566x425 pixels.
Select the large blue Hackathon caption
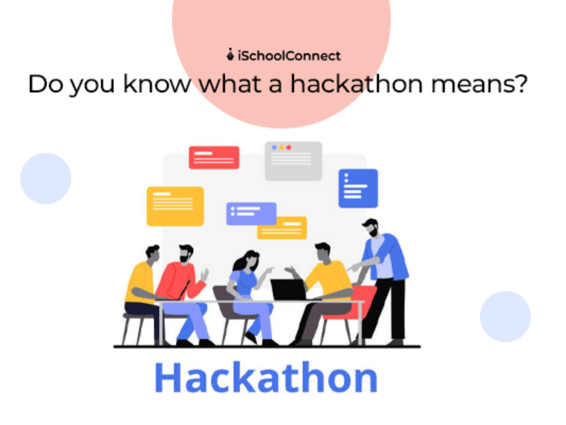[x=266, y=377]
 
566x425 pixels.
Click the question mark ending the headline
[x=520, y=84]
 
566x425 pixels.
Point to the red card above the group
[x=214, y=157]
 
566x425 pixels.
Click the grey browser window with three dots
[x=293, y=161]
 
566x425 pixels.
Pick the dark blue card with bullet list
[x=358, y=188]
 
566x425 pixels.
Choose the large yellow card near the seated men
[x=175, y=206]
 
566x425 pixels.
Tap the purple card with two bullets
[x=251, y=213]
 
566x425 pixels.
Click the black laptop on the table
[x=288, y=289]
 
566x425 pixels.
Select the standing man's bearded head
[x=371, y=227]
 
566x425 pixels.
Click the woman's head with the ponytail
[x=248, y=261]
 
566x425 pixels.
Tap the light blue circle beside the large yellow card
[x=46, y=178]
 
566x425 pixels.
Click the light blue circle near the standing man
[x=505, y=316]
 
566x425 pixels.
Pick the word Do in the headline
[x=45, y=84]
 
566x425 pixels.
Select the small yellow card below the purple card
[x=283, y=228]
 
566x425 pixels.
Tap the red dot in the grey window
[x=289, y=147]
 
